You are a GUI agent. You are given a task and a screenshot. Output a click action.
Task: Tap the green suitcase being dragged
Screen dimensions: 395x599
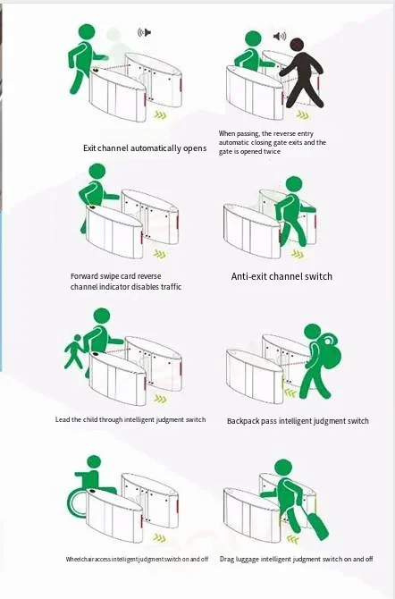pyautogui.click(x=317, y=526)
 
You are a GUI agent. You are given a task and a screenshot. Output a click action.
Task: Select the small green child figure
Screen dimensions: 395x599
pyautogui.click(x=74, y=351)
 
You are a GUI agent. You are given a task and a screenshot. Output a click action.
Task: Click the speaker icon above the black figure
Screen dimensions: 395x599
pyautogui.click(x=280, y=37)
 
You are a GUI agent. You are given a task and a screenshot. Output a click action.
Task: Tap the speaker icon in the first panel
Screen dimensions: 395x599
pyautogui.click(x=145, y=32)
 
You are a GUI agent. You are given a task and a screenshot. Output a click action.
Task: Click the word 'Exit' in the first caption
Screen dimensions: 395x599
pyautogui.click(x=89, y=148)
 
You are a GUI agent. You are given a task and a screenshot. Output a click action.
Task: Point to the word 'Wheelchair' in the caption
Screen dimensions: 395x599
pyautogui.click(x=80, y=559)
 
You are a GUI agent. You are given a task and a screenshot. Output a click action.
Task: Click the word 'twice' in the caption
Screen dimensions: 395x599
pyautogui.click(x=272, y=151)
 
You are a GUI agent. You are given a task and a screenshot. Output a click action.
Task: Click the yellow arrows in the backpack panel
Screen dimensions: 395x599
pyautogui.click(x=290, y=392)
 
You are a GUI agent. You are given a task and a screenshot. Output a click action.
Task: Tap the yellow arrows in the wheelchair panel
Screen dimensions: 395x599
pyautogui.click(x=160, y=538)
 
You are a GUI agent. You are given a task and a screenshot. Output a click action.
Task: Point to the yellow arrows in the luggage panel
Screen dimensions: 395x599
pyautogui.click(x=293, y=539)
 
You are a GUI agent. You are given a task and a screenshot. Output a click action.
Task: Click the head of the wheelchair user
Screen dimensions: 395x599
pyautogui.click(x=94, y=461)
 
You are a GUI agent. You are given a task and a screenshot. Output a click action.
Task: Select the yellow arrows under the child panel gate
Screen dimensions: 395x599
pyautogui.click(x=161, y=399)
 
